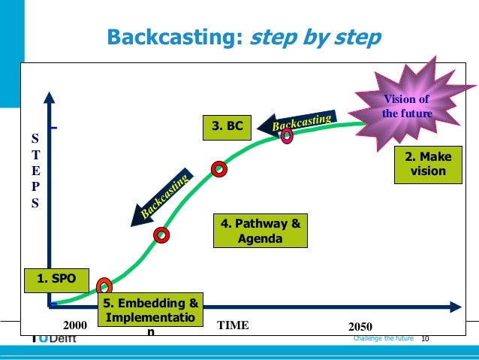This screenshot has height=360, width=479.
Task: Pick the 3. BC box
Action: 227,127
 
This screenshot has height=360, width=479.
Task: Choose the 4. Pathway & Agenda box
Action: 260,231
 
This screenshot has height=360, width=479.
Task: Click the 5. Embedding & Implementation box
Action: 151,314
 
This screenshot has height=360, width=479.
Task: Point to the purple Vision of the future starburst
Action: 406,104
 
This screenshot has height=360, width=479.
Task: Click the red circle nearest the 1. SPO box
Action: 104,286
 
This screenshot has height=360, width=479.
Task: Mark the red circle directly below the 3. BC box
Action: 218,169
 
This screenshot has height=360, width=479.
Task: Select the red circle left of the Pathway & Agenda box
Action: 161,235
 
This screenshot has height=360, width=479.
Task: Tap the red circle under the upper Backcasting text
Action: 287,136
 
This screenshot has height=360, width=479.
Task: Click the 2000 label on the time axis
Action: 75,327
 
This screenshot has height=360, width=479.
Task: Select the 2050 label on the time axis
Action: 360,327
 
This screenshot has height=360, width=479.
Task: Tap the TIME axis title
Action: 232,326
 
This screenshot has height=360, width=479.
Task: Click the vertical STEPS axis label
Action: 35,171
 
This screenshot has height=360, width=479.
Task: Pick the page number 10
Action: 426,339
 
